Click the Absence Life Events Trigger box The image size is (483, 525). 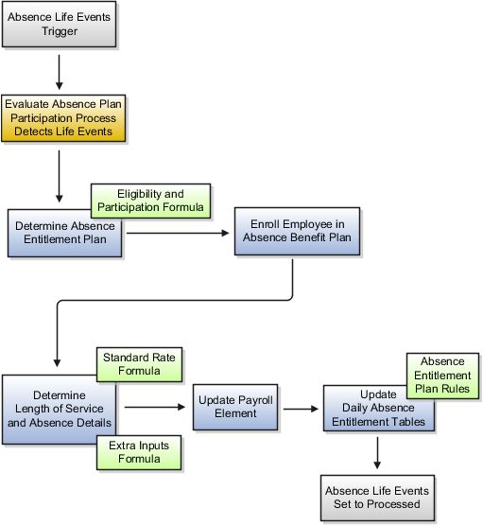(60, 24)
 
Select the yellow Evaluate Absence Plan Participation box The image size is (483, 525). (63, 118)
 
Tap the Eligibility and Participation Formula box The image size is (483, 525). (151, 201)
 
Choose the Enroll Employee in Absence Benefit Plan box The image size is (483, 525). (298, 232)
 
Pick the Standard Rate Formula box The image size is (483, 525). (140, 364)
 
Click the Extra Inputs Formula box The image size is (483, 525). (139, 452)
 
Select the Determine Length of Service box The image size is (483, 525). (60, 410)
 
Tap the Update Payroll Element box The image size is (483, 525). (235, 407)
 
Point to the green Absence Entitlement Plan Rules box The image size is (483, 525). (442, 376)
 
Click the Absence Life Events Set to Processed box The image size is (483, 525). (378, 498)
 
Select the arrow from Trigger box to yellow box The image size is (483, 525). (60, 72)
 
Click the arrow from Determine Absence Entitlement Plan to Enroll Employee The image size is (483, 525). (178, 233)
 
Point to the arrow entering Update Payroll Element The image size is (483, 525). (155, 407)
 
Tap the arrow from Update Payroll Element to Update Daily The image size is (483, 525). (301, 409)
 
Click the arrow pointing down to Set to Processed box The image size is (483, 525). (377, 453)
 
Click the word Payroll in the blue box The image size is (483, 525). (255, 400)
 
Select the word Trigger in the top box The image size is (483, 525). (60, 31)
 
